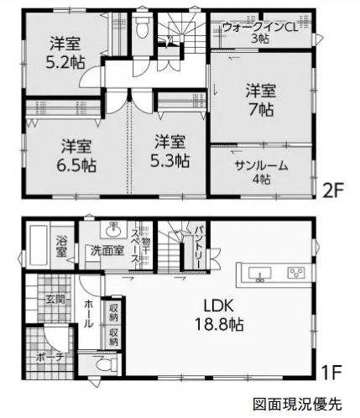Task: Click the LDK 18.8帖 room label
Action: click(x=219, y=316)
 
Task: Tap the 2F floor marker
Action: click(x=333, y=191)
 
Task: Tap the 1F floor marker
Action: click(x=332, y=372)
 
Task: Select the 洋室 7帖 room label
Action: click(x=261, y=100)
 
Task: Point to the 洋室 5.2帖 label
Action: click(x=65, y=53)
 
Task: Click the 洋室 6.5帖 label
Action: click(x=76, y=155)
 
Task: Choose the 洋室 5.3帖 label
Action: click(x=170, y=151)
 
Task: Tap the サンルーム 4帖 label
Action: click(x=261, y=172)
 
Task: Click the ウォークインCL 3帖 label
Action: click(x=260, y=34)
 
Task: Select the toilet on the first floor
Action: click(x=104, y=364)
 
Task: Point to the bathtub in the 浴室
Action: click(x=38, y=245)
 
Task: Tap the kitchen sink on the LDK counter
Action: click(x=260, y=274)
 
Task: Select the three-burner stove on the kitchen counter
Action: click(x=296, y=273)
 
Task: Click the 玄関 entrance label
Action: click(x=55, y=300)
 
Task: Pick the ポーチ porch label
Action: click(x=50, y=358)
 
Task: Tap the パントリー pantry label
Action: click(x=199, y=247)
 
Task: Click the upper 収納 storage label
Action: click(x=113, y=312)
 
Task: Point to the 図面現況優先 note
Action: click(x=297, y=404)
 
